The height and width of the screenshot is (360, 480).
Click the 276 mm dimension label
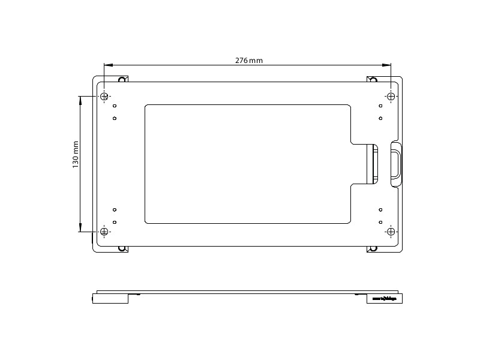click(248, 60)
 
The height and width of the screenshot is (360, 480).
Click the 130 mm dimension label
click(76, 154)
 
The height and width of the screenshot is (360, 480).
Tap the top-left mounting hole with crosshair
click(104, 97)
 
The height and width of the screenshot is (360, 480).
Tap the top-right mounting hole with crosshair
click(391, 97)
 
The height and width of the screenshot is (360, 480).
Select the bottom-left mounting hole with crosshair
click(104, 232)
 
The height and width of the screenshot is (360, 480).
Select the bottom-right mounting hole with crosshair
click(391, 232)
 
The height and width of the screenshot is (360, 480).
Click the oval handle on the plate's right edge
click(396, 163)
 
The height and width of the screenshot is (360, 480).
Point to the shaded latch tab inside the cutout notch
click(373, 163)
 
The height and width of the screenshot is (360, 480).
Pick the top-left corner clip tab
click(123, 79)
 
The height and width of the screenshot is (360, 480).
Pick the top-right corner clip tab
click(372, 79)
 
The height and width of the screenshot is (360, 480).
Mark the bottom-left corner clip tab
click(123, 248)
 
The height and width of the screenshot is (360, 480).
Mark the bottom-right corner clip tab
click(372, 248)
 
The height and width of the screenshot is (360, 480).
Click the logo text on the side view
click(384, 298)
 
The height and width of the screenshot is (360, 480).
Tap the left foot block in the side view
click(110, 298)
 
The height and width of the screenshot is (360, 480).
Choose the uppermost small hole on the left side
click(114, 106)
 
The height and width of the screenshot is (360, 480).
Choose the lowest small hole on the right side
click(380, 222)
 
